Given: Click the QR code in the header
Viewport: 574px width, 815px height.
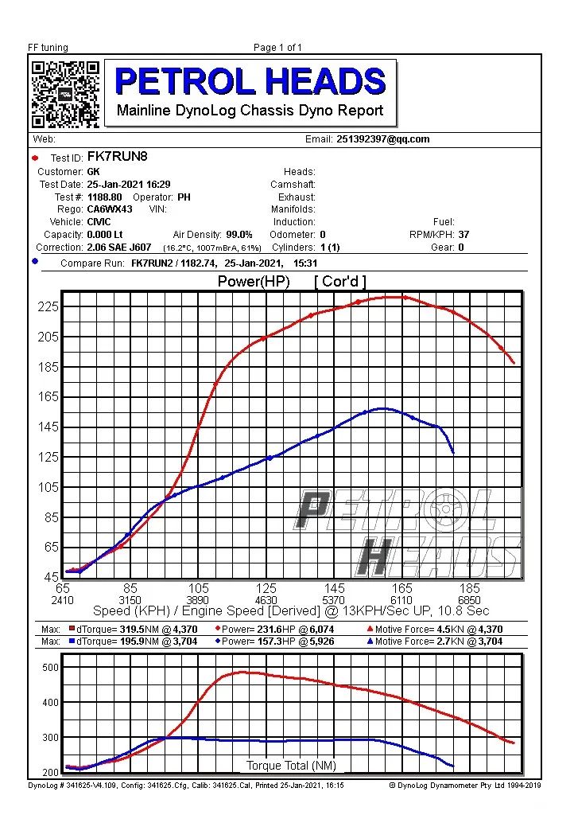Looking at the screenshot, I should [65, 94].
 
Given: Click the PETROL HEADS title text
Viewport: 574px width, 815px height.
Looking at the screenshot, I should [250, 81].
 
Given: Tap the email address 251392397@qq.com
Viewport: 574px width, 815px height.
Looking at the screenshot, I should [382, 139].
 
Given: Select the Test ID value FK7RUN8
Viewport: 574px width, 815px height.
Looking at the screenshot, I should [117, 157].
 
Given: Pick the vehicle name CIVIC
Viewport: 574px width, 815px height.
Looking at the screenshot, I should [99, 222].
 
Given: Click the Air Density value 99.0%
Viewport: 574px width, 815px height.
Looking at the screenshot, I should [239, 235].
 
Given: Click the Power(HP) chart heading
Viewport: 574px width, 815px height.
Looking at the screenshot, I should [254, 282].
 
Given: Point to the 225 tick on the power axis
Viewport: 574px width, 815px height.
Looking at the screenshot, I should [48, 307].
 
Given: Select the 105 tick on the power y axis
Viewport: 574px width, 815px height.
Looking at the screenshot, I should [48, 487].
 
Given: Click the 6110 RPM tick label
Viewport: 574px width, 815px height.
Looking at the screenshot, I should [401, 601].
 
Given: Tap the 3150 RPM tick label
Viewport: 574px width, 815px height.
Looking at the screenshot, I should [130, 601].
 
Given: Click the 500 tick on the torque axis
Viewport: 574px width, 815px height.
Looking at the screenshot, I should [50, 667].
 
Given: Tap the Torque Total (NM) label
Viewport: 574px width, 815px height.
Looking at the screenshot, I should [291, 766].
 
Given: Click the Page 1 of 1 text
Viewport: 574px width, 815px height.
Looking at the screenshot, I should [277, 48].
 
